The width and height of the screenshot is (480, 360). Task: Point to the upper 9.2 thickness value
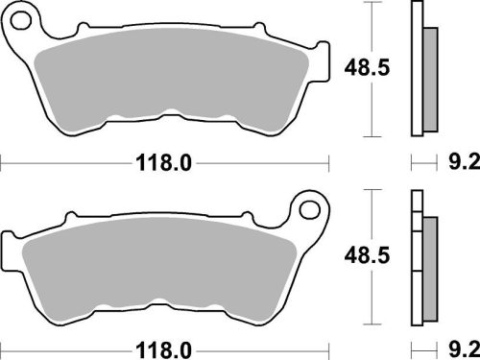tap(460, 163)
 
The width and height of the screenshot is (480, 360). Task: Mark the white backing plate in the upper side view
tap(416, 67)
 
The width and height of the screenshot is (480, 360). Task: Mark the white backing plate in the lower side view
tap(416, 259)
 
